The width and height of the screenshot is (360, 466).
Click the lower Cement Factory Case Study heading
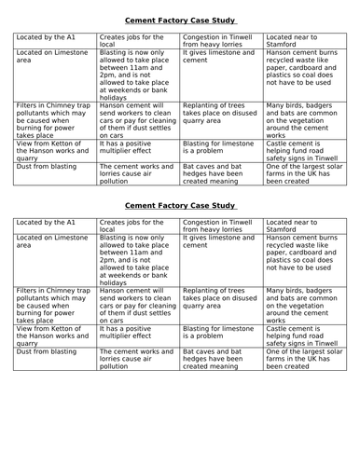[x=180, y=230]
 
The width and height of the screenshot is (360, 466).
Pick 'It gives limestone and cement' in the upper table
[x=217, y=62]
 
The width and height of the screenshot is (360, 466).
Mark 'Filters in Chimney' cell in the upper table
[x=53, y=119]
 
